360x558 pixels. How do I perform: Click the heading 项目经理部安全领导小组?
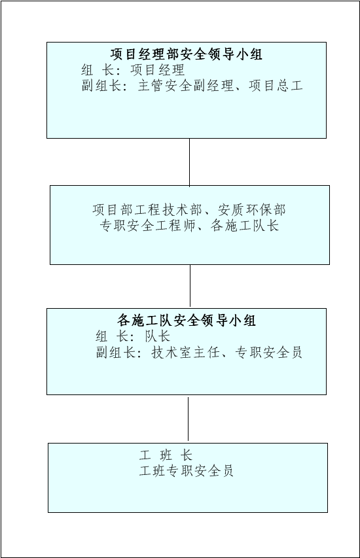[187, 54]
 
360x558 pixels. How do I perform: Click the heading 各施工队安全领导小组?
[187, 321]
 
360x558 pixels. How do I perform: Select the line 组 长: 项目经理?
[133, 70]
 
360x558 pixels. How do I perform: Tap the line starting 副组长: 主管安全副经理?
[192, 86]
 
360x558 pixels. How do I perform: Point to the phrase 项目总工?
[276, 86]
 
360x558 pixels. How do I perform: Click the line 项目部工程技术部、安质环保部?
[189, 209]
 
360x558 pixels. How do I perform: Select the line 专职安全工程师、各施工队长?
[189, 225]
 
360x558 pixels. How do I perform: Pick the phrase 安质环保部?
[252, 209]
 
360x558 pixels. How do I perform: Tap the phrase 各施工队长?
[245, 225]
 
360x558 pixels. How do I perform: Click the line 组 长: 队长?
[133, 336]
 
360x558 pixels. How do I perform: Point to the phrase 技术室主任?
[185, 352]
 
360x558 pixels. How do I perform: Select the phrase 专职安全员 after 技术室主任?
[268, 352]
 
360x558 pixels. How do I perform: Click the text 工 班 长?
[166, 455]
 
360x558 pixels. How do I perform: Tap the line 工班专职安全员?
[187, 471]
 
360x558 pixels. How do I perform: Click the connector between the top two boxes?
[189, 162]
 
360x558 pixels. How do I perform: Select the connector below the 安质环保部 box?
[190, 286]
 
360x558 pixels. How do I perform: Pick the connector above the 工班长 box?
[188, 419]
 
